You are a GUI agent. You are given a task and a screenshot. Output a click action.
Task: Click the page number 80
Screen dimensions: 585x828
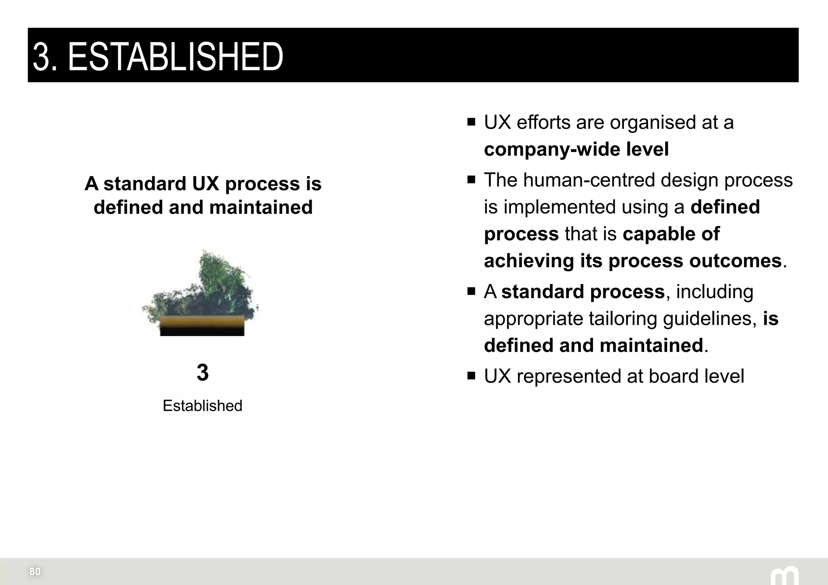[35, 572]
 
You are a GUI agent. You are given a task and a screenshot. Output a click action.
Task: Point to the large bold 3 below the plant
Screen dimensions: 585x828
[203, 372]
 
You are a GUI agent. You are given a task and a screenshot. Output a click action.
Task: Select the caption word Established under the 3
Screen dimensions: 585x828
[202, 406]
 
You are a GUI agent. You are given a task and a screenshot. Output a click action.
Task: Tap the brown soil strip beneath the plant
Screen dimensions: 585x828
[202, 322]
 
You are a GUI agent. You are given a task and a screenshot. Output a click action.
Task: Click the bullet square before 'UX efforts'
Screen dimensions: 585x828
[471, 122]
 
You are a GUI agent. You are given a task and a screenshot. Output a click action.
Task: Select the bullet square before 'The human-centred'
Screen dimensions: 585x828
[471, 180]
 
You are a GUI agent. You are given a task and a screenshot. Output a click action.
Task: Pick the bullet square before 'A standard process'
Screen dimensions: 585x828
[471, 291]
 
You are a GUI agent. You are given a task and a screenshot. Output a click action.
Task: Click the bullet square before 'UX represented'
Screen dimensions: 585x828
[471, 376]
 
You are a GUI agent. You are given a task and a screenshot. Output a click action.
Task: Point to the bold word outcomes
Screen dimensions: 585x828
[735, 261]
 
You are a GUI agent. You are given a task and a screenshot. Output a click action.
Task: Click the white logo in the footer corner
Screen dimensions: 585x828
[784, 576]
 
